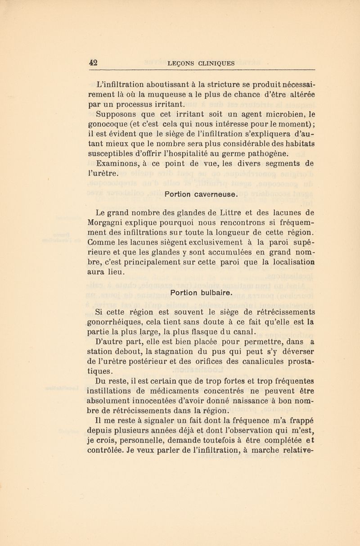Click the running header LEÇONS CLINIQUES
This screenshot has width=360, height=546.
click(201, 63)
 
